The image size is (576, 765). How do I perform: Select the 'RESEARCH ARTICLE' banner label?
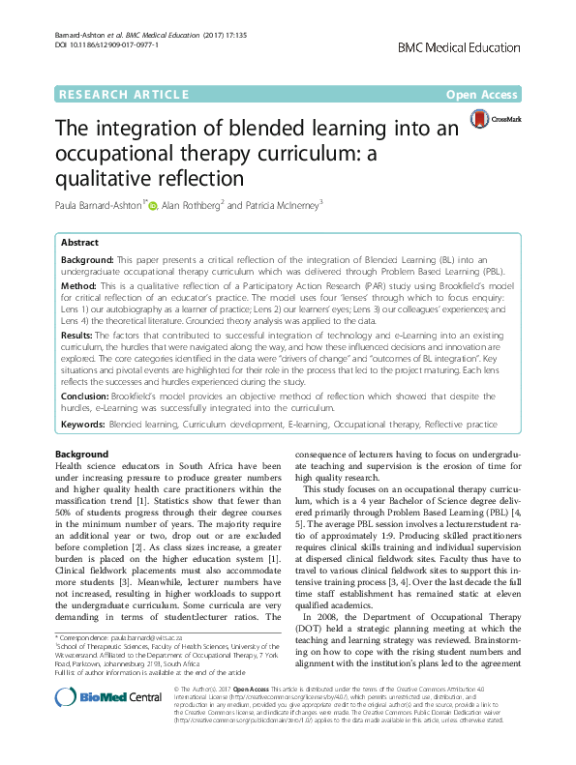tap(123, 95)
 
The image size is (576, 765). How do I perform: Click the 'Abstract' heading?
tap(81, 244)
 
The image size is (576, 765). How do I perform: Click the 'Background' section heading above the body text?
tap(82, 454)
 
